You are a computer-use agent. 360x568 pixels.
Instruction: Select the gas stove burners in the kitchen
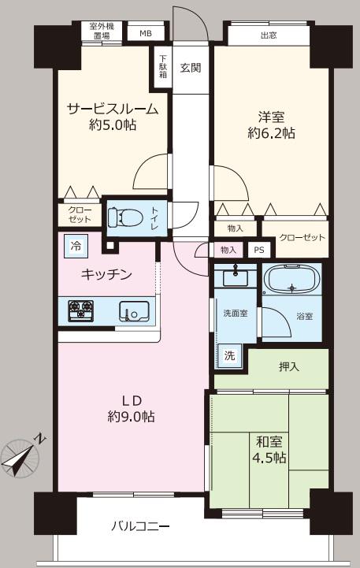[x=81, y=310]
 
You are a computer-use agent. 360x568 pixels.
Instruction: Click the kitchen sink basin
[x=134, y=311]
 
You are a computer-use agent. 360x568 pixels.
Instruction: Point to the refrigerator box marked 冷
[x=76, y=247]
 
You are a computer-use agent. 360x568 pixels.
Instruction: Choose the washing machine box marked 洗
[x=229, y=356]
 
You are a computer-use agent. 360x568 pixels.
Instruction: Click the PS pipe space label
[x=259, y=250]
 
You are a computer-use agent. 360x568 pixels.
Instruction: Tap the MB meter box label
[x=146, y=34]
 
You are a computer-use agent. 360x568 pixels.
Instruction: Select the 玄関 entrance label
[x=191, y=68]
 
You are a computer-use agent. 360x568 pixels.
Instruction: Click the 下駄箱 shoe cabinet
[x=163, y=68]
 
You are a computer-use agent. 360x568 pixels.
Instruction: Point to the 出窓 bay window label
[x=269, y=35]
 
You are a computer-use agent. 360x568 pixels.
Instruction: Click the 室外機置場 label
[x=102, y=31]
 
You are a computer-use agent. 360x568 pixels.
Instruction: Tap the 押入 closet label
[x=289, y=367]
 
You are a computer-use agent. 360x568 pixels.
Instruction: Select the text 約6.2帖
[x=271, y=133]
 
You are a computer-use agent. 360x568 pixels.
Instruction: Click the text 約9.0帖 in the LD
[x=131, y=417]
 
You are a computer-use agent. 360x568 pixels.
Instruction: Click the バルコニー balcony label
[x=140, y=525]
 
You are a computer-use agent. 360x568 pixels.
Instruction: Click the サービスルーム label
[x=113, y=109]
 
